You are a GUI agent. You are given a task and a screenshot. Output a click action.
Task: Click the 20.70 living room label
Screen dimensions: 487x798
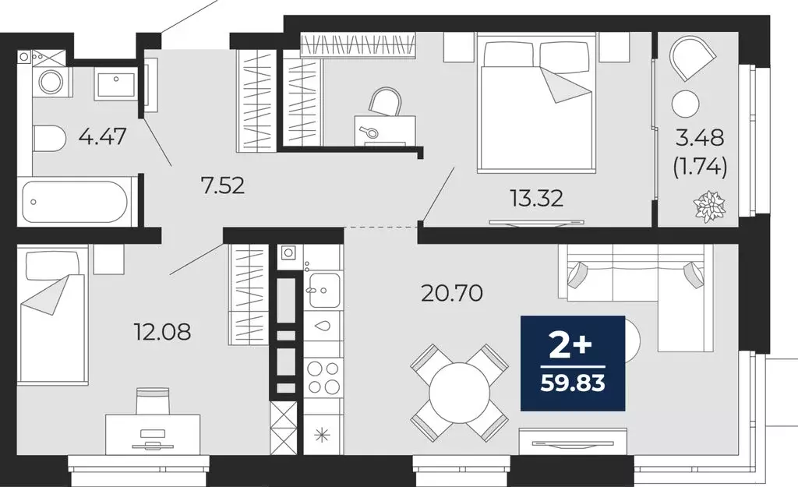tap(452, 293)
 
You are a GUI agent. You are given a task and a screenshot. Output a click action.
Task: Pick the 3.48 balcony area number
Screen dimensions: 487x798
tap(701, 139)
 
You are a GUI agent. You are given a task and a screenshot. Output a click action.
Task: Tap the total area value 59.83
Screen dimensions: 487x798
tap(573, 383)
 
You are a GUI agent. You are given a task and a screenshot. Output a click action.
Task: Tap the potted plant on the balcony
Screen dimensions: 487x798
tap(709, 206)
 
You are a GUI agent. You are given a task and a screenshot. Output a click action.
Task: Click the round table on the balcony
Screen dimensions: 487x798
tap(687, 102)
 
